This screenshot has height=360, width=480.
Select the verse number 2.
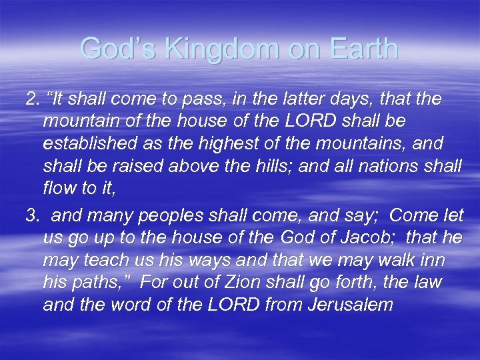coord(31,100)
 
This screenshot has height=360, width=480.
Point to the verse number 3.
coord(31,216)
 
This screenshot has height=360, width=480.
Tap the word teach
coord(99,260)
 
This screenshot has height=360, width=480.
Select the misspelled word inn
coord(432,260)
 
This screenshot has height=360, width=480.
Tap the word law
coord(427,281)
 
